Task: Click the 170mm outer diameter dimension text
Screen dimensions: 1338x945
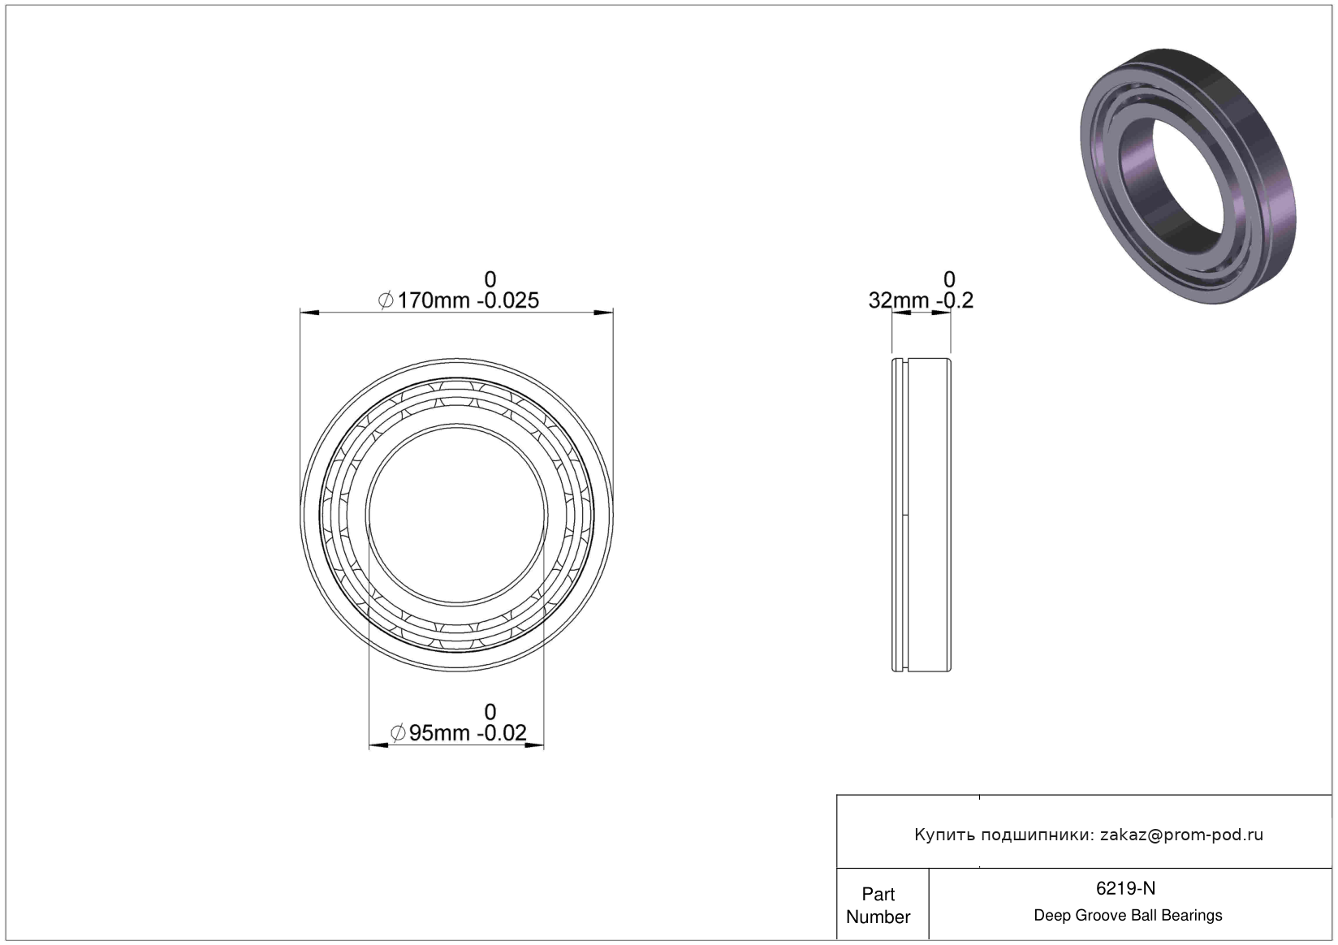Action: (x=434, y=300)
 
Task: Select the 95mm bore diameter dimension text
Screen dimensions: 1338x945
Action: (x=439, y=732)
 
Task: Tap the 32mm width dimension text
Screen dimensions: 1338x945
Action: (x=899, y=300)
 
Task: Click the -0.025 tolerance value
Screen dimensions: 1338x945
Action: (x=507, y=300)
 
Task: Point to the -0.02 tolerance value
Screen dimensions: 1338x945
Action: (x=502, y=732)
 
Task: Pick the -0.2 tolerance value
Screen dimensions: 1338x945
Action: (x=955, y=300)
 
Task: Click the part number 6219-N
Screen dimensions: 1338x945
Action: (x=1125, y=888)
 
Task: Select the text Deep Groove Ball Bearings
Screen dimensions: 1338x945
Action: (x=1128, y=915)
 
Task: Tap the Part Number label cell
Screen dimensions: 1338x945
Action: (x=878, y=905)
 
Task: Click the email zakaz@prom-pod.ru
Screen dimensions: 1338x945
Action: (x=1181, y=835)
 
